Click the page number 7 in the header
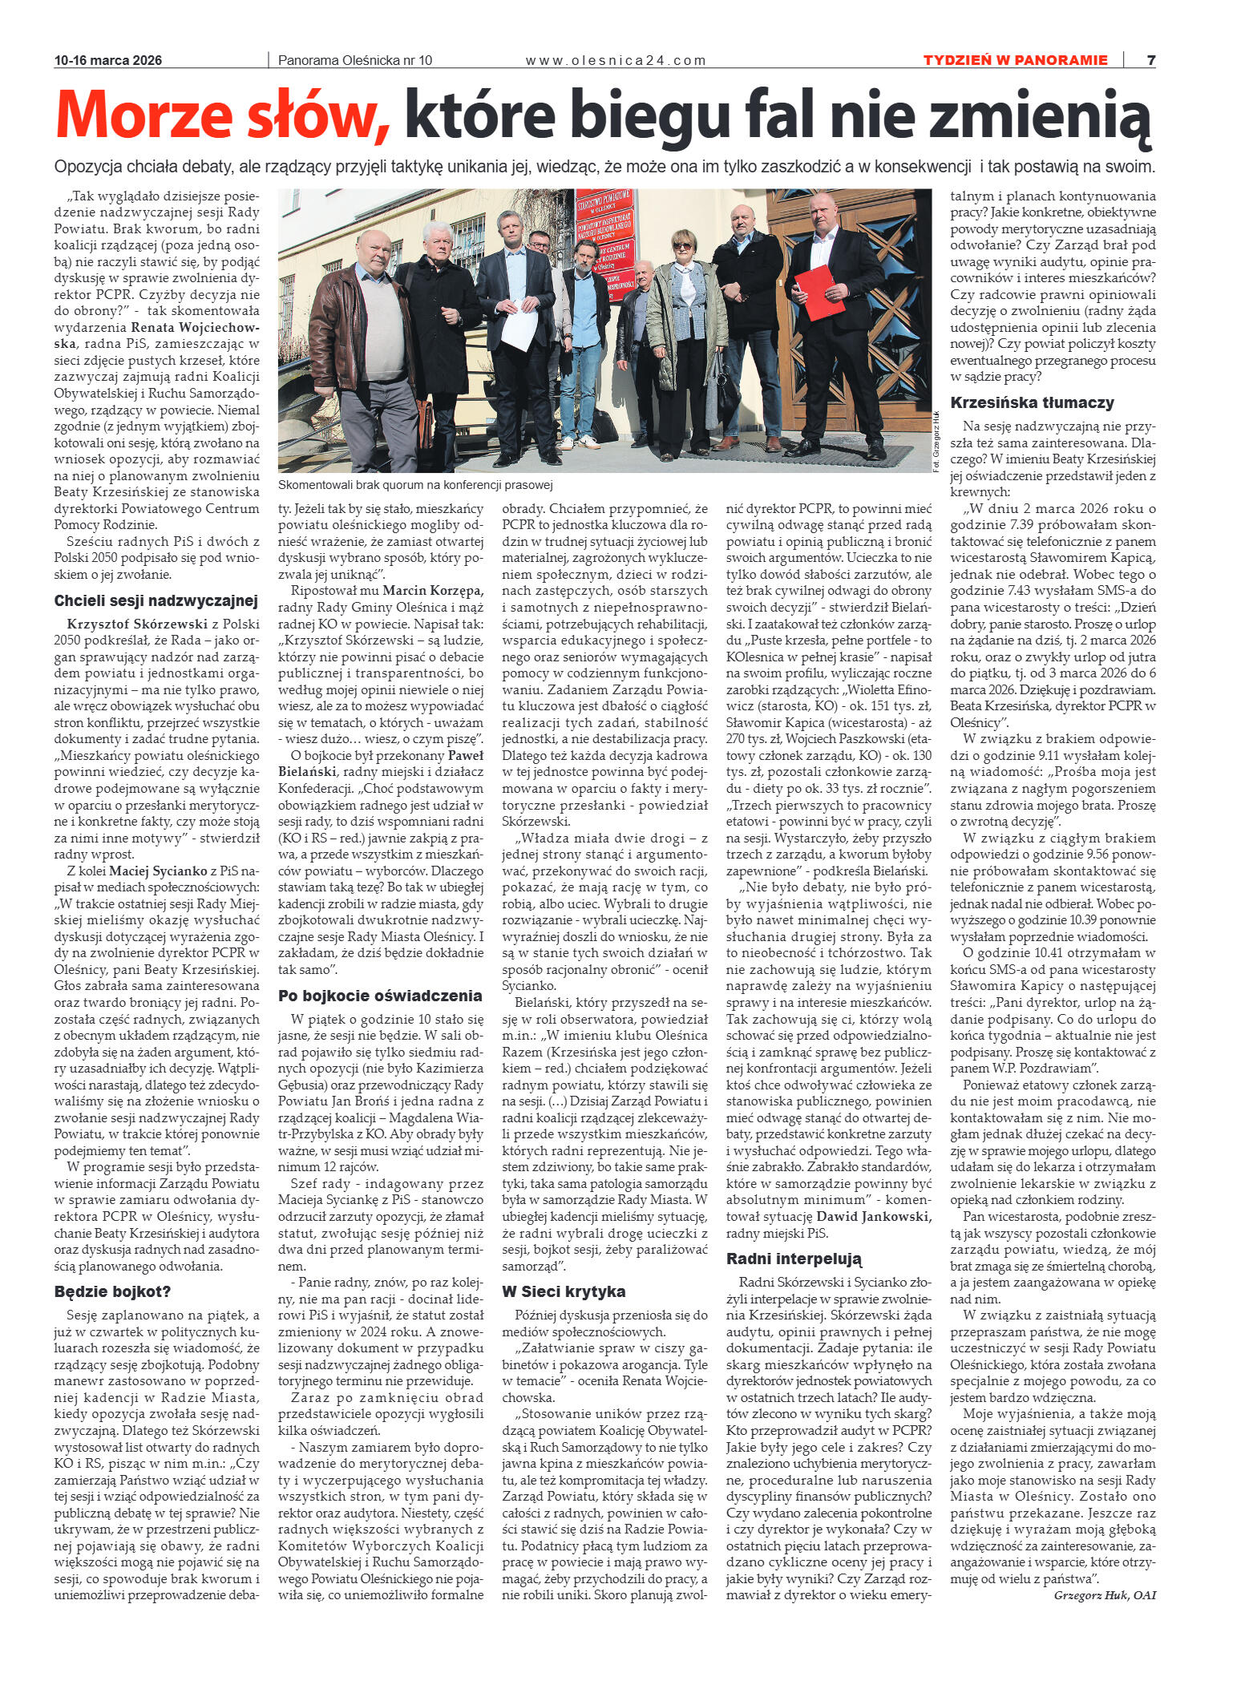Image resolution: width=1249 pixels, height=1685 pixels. pos(1150,60)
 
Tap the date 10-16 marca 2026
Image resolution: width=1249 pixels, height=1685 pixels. pos(108,60)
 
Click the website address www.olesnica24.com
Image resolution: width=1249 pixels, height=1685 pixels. pos(615,60)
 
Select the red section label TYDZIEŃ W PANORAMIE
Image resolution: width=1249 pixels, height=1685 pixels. pos(1015,60)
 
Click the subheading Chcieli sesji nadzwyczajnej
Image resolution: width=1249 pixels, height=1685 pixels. pos(156,601)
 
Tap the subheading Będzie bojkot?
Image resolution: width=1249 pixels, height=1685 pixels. pos(112,1291)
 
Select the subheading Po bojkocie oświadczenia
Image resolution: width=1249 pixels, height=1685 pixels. pos(380,996)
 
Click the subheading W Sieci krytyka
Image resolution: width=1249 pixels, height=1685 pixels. pos(564,1291)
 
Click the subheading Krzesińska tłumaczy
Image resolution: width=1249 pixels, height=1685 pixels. pos(1032,402)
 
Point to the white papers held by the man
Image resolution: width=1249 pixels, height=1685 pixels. pos(519,325)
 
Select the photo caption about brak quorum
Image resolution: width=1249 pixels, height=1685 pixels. pos(415,485)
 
